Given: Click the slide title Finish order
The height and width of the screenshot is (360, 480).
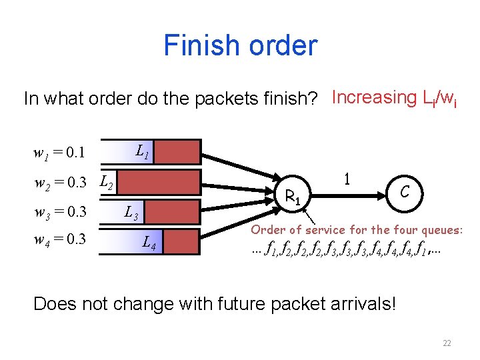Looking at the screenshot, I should tap(240, 45).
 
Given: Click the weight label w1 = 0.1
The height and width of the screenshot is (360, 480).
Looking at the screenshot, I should tap(59, 153).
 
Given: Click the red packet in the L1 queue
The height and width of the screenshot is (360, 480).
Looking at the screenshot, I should tap(178, 151).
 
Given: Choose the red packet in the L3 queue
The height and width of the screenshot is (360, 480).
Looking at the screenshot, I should tap(172, 212).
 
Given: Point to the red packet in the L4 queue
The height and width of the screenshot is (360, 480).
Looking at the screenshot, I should tap(181, 242).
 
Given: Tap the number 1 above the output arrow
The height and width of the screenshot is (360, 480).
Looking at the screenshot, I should tap(346, 179).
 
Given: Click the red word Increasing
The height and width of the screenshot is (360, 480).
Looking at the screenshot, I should tap(373, 98).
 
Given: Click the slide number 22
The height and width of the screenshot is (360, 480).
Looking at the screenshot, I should tap(447, 343).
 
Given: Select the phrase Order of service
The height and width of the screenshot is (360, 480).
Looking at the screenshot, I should tap(297, 229).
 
